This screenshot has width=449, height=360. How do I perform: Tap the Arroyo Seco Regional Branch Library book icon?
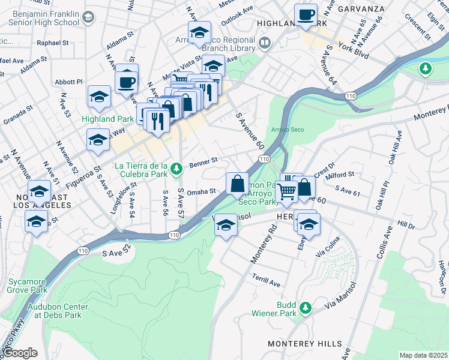[x=265, y=43]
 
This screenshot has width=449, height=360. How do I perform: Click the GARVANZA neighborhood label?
[x=360, y=9]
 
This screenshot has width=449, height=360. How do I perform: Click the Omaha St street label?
[x=202, y=191]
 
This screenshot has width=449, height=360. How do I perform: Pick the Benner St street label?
[x=202, y=163]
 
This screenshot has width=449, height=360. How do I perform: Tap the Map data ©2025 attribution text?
[x=423, y=355]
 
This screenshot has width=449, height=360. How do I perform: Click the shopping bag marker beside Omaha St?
[x=238, y=183]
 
